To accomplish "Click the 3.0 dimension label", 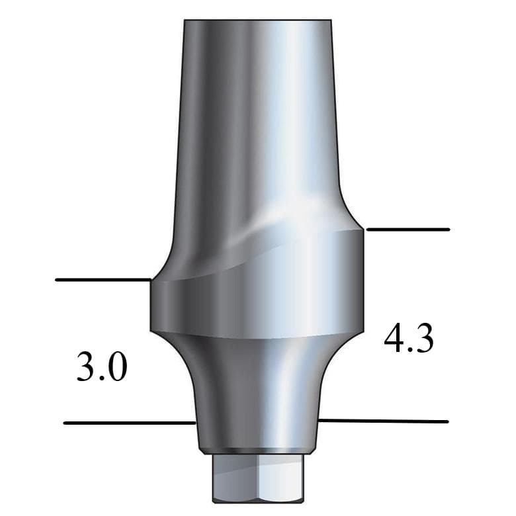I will (x=102, y=367).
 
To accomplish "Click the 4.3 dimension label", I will (x=409, y=339).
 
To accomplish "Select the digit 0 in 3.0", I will (x=116, y=367).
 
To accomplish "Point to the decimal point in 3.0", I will (x=103, y=378).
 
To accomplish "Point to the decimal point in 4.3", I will (x=409, y=350).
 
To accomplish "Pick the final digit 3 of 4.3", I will (x=423, y=339).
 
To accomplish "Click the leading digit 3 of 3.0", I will (x=87, y=367).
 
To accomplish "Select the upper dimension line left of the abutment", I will (x=103, y=280).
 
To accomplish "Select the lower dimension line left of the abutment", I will (x=129, y=423).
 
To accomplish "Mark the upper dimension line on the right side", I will (x=408, y=230).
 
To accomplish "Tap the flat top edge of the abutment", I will (x=257, y=21).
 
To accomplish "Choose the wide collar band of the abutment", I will (x=257, y=304).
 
